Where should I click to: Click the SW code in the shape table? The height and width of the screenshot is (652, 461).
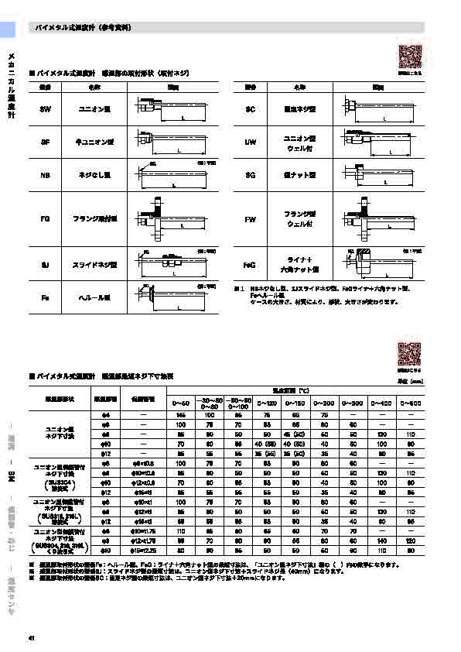point(45,109)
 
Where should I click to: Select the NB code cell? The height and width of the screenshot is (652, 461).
point(45,176)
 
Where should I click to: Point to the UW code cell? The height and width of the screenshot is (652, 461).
point(250,142)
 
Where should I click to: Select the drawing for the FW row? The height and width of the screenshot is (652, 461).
point(379,220)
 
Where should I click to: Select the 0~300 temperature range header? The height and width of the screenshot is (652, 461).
point(354,403)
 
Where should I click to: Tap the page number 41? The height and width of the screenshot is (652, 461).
point(32,637)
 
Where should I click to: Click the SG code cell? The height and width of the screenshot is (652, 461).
point(250,176)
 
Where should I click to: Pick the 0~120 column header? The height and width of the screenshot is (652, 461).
point(267,403)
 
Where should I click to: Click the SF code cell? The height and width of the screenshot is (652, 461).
point(45,142)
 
